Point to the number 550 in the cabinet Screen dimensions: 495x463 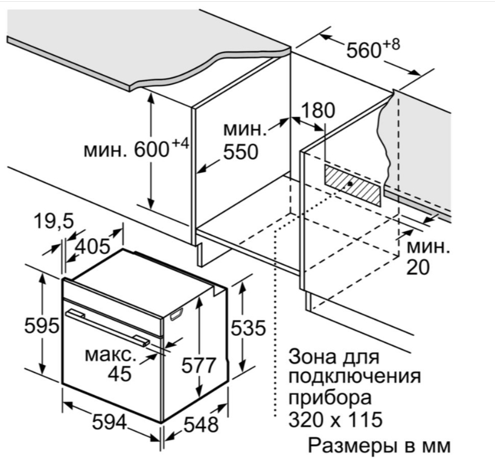pyautogui.click(x=240, y=152)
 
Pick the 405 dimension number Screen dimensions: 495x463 pyautogui.click(x=92, y=246)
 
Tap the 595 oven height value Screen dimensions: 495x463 pyautogui.click(x=42, y=326)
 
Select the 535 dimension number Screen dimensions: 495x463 pyautogui.click(x=248, y=328)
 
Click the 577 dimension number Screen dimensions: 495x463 pyautogui.click(x=199, y=365)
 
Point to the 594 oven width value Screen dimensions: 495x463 pyautogui.click(x=109, y=422)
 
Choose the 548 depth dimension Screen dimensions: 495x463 pyautogui.click(x=201, y=424)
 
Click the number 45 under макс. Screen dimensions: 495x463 pyautogui.click(x=120, y=374)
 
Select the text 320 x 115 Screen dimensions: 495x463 pyautogui.click(x=336, y=419)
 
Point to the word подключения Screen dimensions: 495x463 pyautogui.click(x=354, y=377)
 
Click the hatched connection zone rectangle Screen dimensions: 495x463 pyautogui.click(x=352, y=186)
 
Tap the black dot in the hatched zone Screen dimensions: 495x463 pyautogui.click(x=350, y=183)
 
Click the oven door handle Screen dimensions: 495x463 pyautogui.click(x=107, y=328)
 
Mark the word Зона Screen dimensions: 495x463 pyautogui.click(x=309, y=356)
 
